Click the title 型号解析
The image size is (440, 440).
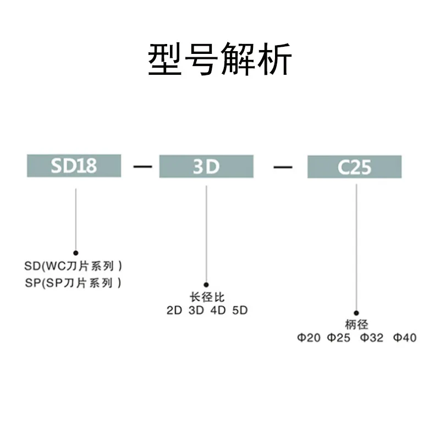[x=220, y=60]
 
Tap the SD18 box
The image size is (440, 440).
[x=74, y=166]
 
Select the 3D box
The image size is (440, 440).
[x=206, y=166]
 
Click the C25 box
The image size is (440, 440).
[x=355, y=167]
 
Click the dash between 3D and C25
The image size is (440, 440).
[x=283, y=166]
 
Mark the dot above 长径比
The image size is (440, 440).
[x=206, y=285]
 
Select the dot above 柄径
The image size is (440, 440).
[x=356, y=312]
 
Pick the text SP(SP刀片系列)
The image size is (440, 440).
[x=74, y=283]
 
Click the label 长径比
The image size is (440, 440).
[x=207, y=298]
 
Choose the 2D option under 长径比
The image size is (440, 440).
[x=174, y=310]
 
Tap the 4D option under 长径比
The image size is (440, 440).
[x=218, y=310]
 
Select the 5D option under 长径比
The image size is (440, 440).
[x=240, y=310]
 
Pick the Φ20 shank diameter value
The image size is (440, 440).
[x=309, y=338]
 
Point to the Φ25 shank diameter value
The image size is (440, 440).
[x=339, y=338]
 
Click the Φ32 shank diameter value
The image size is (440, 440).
[x=372, y=338]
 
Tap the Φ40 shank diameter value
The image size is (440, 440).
[x=405, y=338]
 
